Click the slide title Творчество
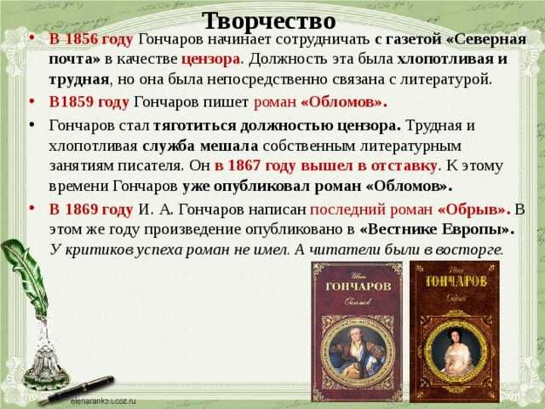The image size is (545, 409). point(269,21)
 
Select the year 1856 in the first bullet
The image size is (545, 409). point(82,39)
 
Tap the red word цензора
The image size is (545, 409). point(210,60)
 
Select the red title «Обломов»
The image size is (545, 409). point(344,102)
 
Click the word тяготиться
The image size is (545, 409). point(195,126)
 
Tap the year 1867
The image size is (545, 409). point(244,166)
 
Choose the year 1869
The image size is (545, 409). point(82,210)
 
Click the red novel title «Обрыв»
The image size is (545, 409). point(474,210)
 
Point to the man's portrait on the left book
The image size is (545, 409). point(357,352)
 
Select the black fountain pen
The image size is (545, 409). point(77,390)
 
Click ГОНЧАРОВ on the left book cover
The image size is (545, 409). point(358,286)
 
